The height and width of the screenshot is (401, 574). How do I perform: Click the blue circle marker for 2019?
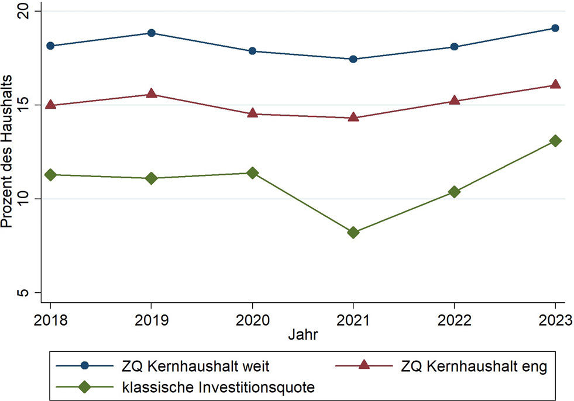[x=152, y=33]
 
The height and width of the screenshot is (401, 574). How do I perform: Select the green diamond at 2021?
[x=353, y=232]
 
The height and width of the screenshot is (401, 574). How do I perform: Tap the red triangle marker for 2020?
[x=252, y=113]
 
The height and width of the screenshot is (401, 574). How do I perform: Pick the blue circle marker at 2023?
[x=555, y=28]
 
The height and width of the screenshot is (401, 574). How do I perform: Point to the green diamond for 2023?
[x=555, y=141]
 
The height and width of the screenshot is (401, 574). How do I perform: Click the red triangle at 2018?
[x=50, y=105]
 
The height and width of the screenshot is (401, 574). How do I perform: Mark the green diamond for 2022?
[x=454, y=192]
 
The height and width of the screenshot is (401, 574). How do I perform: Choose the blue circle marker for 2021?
[x=353, y=59]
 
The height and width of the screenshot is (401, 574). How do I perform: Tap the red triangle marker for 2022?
[x=454, y=100]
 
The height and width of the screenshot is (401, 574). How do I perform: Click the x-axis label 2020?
[x=252, y=320]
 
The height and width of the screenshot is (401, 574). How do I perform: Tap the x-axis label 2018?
[x=50, y=320]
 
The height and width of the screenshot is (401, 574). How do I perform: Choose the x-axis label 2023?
[x=554, y=320]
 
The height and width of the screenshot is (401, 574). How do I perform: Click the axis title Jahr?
[x=303, y=336]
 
